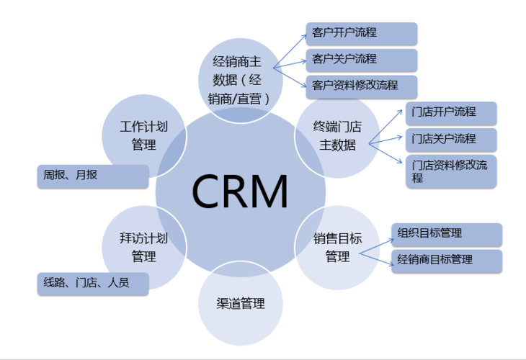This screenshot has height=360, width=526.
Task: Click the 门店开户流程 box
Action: point(450,113)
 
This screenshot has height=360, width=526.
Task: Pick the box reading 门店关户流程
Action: point(450,138)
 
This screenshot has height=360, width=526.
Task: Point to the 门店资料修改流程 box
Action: point(450,171)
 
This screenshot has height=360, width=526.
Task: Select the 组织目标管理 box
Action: point(446,234)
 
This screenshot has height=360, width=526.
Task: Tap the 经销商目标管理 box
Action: point(446,260)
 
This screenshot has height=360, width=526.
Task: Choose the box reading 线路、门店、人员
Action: point(92,284)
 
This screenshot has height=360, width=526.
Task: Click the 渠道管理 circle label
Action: point(241,304)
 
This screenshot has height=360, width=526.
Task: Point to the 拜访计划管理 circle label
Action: point(144,247)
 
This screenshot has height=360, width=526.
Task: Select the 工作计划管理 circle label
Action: point(144,135)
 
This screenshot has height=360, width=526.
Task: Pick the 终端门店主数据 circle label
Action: point(337,135)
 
